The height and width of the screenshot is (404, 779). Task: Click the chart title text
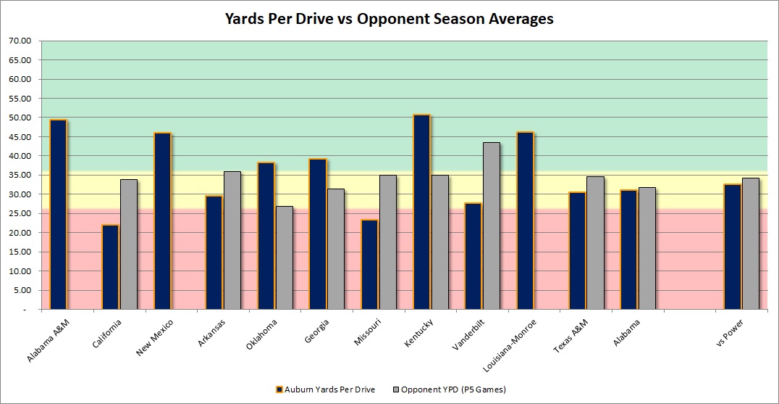[389, 20]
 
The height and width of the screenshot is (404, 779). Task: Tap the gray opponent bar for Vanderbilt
[492, 226]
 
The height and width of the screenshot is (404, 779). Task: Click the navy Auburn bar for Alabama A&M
[58, 214]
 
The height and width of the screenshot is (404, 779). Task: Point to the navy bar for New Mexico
[162, 220]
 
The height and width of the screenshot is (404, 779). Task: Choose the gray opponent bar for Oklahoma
[285, 257]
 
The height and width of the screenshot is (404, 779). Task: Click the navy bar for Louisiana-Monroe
[525, 220]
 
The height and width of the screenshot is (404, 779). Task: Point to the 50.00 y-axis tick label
[20, 118]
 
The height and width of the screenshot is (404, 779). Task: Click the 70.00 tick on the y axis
[20, 41]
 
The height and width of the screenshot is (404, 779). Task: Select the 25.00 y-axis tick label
[20, 213]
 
